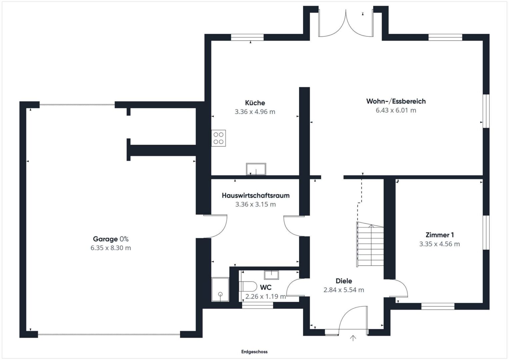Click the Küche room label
point(255,103)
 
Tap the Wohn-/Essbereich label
point(396,101)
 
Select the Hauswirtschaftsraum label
point(256,195)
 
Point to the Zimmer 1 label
point(439,235)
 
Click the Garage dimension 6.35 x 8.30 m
point(111,248)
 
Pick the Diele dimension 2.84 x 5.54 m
point(344,290)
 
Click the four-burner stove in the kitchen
point(218,138)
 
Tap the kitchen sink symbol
point(256,169)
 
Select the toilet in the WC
point(248,286)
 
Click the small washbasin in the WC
point(271,275)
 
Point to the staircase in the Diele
point(370,244)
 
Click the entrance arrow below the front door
point(353,338)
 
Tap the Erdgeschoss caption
point(254,352)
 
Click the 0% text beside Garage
point(124,239)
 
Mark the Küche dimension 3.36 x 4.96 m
point(255,112)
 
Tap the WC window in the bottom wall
point(257,305)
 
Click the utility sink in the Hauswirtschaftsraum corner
point(220,290)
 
